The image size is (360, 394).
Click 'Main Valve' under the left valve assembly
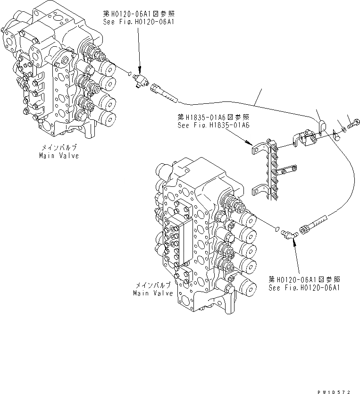tap(59, 155)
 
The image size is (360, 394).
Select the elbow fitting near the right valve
tap(288, 233)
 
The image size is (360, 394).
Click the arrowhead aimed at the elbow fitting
tap(294, 242)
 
